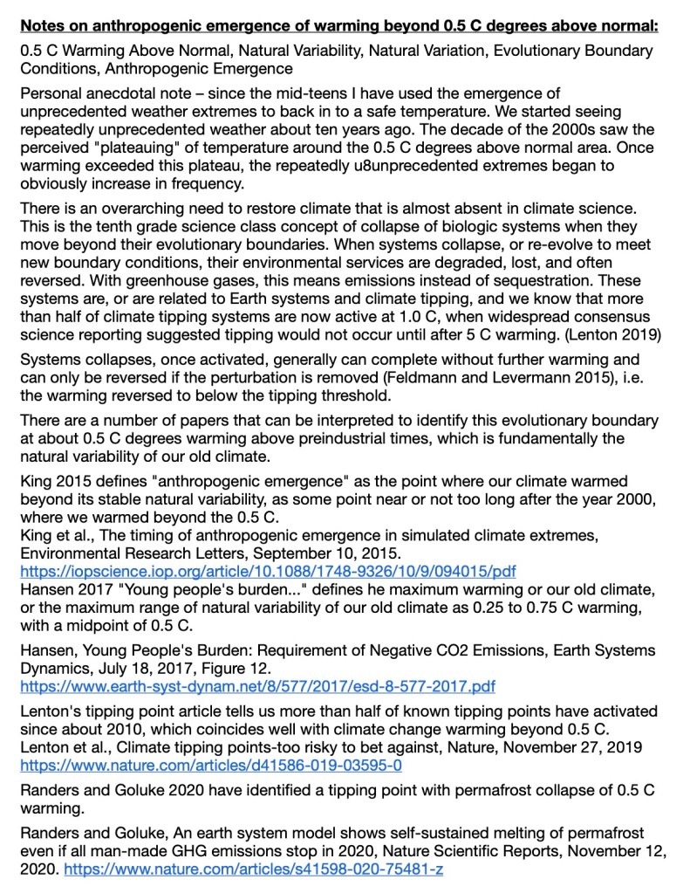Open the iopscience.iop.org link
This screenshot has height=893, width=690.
coord(268,572)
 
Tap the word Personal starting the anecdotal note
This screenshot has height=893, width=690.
coord(50,92)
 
